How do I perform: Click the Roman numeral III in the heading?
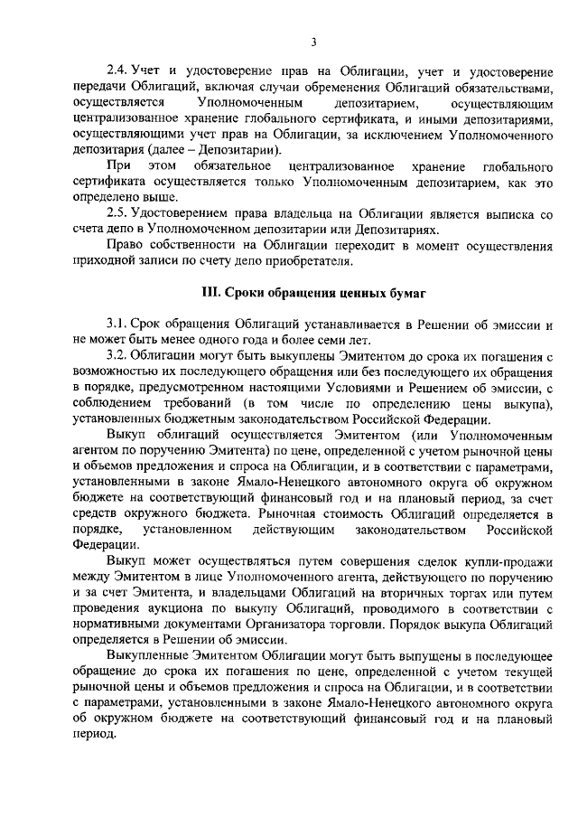coord(208,292)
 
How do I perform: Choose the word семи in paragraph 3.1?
coord(295,339)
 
